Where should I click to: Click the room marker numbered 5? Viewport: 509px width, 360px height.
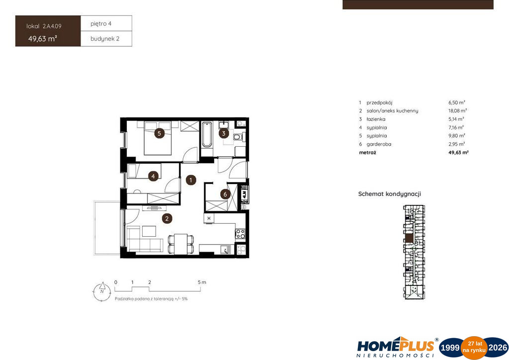coord(159,133)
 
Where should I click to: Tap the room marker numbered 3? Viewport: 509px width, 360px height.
coord(224,133)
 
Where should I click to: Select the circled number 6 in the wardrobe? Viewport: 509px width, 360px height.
coord(225,194)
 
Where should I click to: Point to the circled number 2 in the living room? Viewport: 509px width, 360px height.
coord(167,218)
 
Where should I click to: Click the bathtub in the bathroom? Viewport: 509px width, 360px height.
coord(207,135)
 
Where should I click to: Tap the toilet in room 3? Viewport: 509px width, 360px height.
coord(239,137)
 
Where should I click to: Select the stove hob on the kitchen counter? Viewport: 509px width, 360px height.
coord(240,234)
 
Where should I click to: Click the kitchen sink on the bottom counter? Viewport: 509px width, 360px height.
coord(226,249)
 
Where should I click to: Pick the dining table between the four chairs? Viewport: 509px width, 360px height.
coord(181,244)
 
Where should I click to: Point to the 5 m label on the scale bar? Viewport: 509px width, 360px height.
coord(202,282)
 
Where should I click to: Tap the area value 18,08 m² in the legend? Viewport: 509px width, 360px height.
coord(458,111)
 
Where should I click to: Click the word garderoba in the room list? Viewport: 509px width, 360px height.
coord(379,144)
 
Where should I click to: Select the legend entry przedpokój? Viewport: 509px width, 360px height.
coord(379,102)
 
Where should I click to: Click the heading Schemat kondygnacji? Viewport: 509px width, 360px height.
coord(390,194)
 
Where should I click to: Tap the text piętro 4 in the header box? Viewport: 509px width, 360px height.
coord(101,24)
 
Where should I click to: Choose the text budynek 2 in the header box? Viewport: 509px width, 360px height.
coord(105,39)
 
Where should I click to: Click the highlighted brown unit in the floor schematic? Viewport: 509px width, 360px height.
coord(410,238)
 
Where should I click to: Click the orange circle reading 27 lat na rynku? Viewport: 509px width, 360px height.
coord(474,348)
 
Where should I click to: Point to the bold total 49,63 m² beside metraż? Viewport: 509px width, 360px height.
coord(458,152)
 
